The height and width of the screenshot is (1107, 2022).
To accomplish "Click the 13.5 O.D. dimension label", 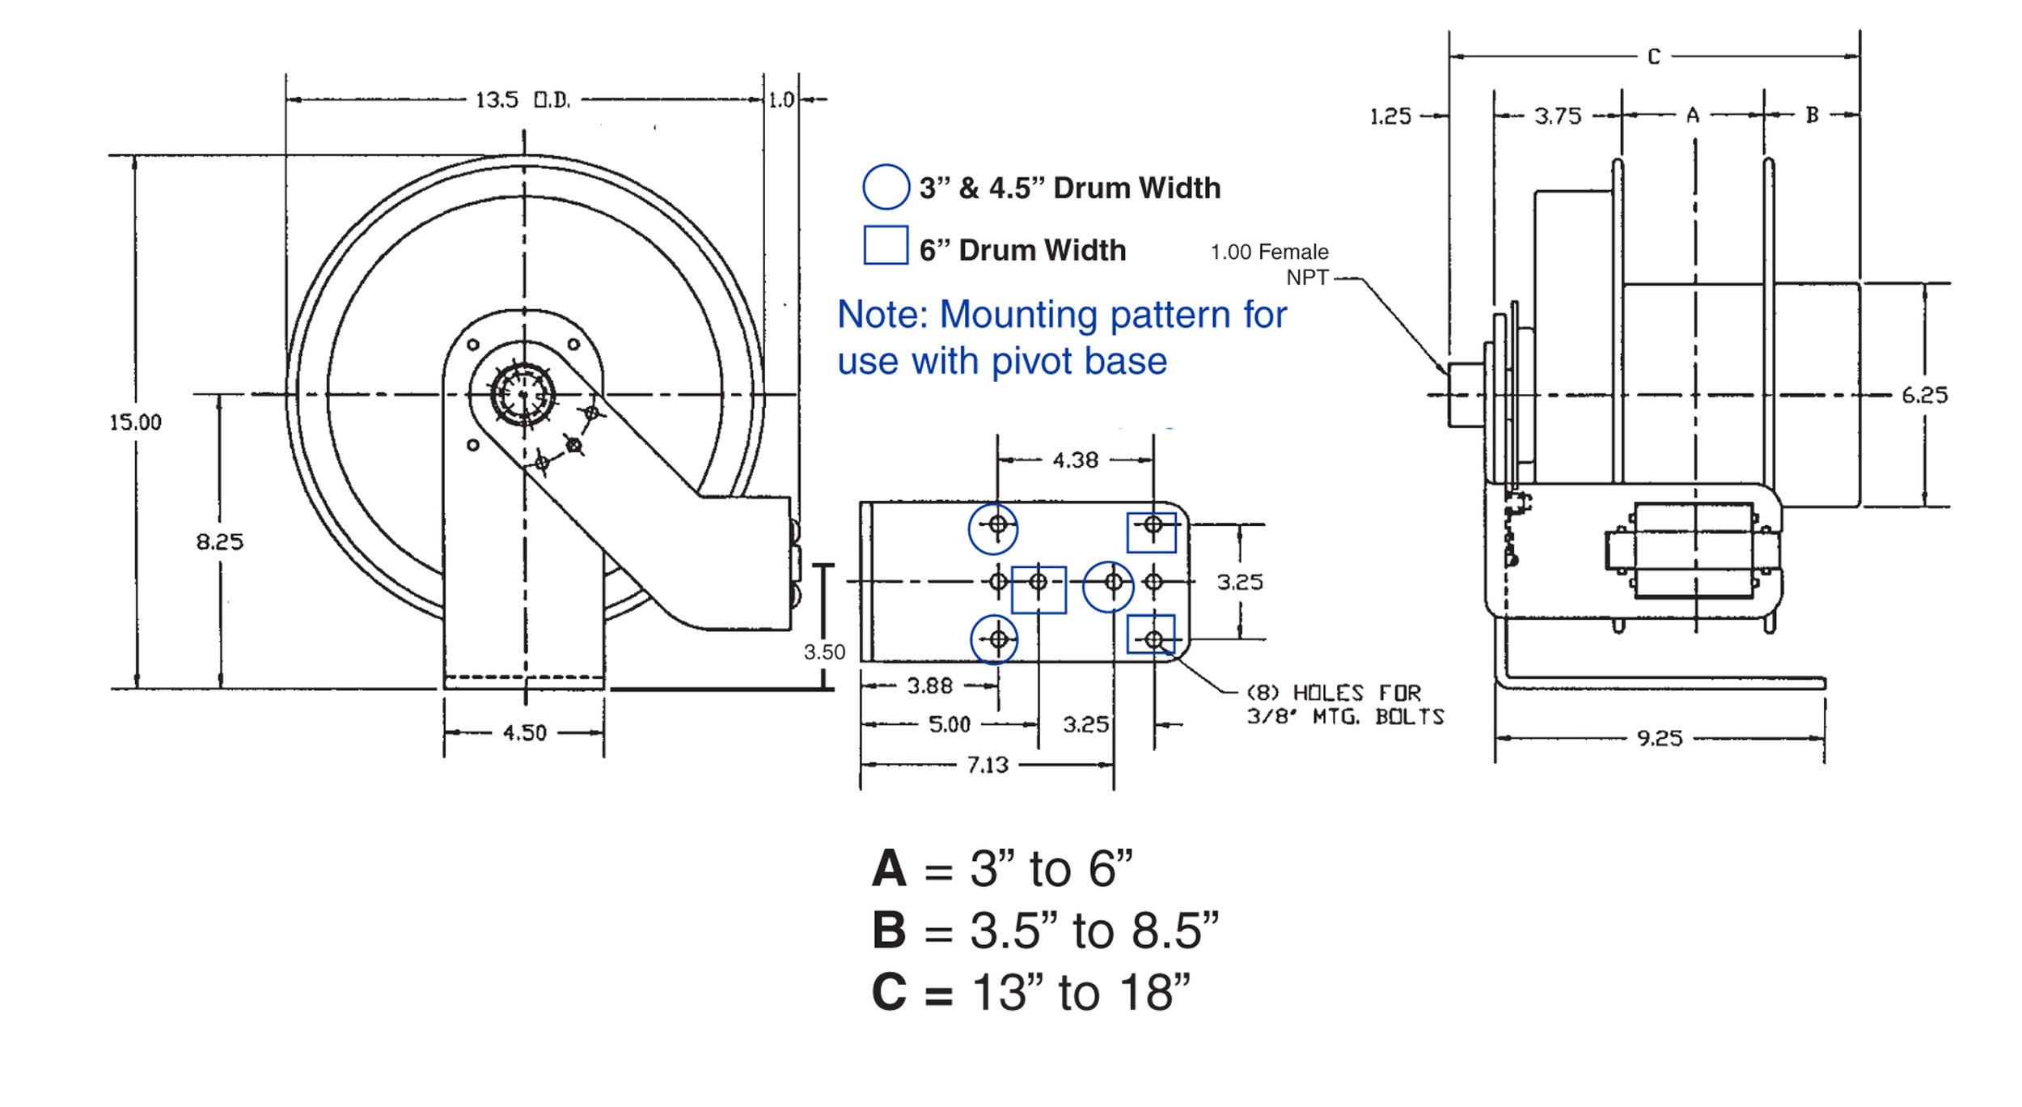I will [x=522, y=100].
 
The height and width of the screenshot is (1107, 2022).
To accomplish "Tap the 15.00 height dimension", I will [x=135, y=422].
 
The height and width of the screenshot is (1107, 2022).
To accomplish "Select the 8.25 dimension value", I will [x=219, y=541].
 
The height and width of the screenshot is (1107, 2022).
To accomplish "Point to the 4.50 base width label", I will [x=524, y=733].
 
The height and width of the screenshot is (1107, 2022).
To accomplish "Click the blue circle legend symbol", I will [x=886, y=187].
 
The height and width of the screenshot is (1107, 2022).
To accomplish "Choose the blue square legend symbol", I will [x=886, y=245].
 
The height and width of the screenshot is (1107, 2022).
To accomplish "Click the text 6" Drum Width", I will [x=1022, y=250].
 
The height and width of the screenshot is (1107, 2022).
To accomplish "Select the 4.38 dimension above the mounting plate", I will [x=1075, y=460].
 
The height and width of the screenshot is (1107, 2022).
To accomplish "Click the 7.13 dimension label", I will [x=988, y=765].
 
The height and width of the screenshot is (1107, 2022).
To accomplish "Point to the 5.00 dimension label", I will [x=949, y=724].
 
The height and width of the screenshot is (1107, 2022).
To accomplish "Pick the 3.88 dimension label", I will [x=929, y=686].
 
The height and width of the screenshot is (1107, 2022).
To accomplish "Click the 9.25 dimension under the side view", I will [x=1660, y=738].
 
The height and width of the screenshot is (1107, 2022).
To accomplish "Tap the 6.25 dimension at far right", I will [x=1924, y=395].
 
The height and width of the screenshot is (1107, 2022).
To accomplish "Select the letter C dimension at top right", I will [x=1654, y=57].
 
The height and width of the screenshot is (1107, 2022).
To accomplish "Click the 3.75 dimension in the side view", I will [x=1558, y=117].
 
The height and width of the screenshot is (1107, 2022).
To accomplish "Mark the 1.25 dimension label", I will [x=1390, y=117].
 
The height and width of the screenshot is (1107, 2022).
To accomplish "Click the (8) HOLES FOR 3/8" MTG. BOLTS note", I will [x=1345, y=705].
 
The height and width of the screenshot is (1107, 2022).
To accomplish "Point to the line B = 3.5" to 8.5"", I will [x=1044, y=931].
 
